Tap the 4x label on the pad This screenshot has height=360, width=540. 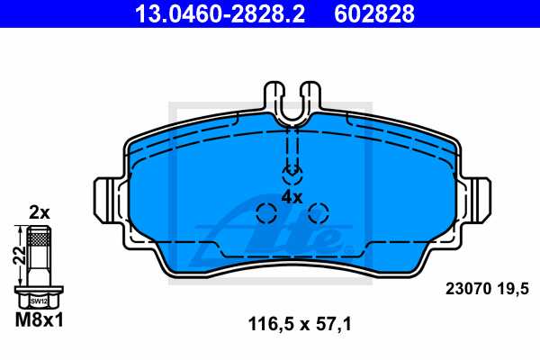coord(292,195)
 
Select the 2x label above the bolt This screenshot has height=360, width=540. coord(38,212)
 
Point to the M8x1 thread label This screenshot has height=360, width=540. coord(38,320)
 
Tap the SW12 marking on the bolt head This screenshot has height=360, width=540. coord(38,302)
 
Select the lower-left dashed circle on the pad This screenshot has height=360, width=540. coord(266,213)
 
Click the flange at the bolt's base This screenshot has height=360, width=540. coord(38,292)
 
